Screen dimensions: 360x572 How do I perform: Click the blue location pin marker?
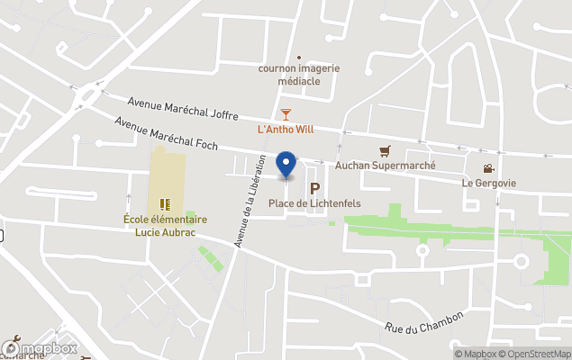click(286, 164)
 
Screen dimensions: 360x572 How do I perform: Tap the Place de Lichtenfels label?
click(314, 203)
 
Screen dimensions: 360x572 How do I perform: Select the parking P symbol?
click(314, 188)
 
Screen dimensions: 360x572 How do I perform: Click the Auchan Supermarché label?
click(385, 166)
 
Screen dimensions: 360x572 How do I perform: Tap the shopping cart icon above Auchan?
click(386, 151)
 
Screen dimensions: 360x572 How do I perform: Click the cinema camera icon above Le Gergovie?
click(488, 168)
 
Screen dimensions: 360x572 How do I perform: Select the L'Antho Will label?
click(286, 129)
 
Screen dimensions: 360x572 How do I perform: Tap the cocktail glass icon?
click(286, 113)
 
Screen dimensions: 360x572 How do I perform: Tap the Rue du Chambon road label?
click(422, 323)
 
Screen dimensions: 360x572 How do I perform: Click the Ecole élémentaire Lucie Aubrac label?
click(166, 225)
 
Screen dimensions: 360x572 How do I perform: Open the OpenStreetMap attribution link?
click(537, 354)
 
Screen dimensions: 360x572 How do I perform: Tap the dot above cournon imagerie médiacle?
click(299, 57)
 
